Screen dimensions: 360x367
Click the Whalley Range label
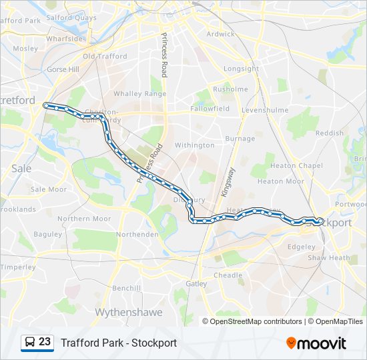click(x=139, y=94)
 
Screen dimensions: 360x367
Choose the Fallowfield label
click(x=210, y=108)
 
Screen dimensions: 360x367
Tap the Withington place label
click(x=194, y=145)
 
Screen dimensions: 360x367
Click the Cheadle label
click(x=228, y=275)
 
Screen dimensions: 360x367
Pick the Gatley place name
click(x=197, y=283)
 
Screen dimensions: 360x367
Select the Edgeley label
click(x=300, y=245)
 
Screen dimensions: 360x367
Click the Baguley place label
click(x=47, y=234)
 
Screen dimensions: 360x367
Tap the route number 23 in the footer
click(x=45, y=342)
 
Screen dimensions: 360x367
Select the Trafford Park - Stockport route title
click(x=119, y=343)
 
